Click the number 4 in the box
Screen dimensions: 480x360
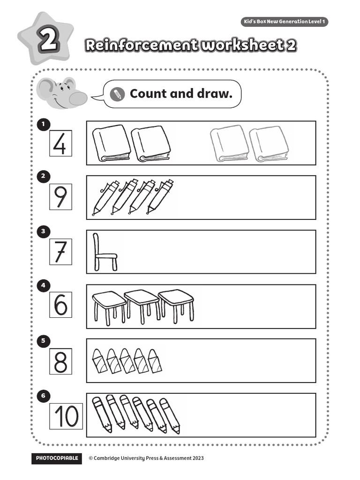(60, 144)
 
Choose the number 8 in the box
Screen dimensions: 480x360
(60, 361)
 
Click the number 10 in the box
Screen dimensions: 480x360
(66, 416)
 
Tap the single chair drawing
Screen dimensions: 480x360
(104, 253)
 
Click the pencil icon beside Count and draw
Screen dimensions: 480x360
(117, 94)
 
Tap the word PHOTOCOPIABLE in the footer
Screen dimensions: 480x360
(56, 458)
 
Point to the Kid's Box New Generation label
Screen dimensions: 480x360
(284, 22)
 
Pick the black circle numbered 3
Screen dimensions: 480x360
(43, 231)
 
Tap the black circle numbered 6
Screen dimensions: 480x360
(43, 396)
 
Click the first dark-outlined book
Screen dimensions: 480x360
(112, 143)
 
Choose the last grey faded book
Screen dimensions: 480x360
(269, 143)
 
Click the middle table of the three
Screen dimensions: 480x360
(142, 305)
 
